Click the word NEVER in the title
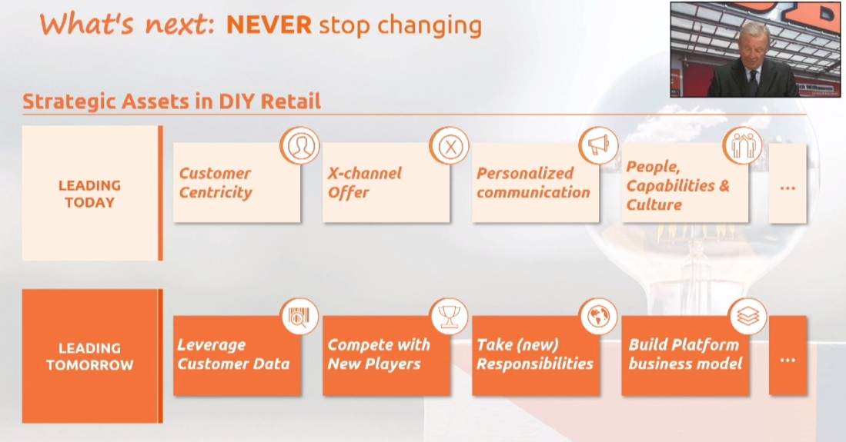[x=269, y=25]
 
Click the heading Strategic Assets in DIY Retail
[x=172, y=101]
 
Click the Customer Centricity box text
[x=216, y=183]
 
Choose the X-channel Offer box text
[x=364, y=183]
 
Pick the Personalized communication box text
[x=533, y=183]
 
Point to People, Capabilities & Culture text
[x=677, y=185]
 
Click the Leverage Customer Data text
[x=233, y=354]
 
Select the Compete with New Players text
[x=379, y=354]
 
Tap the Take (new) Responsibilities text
[x=535, y=354]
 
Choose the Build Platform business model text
[x=685, y=354]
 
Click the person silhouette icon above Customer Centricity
[x=300, y=146]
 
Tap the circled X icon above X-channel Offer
[x=450, y=146]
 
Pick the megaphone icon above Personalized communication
[x=599, y=145]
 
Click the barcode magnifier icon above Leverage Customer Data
[x=300, y=317]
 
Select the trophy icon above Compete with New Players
[x=450, y=317]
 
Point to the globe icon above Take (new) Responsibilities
[x=598, y=317]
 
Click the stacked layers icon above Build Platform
[x=747, y=317]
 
